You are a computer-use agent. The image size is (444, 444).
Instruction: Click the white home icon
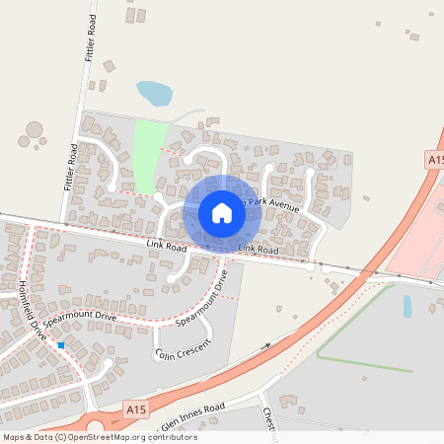coord(222,213)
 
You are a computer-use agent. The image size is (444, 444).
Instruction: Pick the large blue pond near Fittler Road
coord(154,94)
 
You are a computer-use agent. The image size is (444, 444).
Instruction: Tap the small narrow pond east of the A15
coord(407,306)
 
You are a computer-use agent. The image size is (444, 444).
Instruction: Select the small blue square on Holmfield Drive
coord(61,345)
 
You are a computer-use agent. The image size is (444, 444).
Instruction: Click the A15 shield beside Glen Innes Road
coord(136,407)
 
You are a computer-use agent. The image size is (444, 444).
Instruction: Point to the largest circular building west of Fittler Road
coord(35,129)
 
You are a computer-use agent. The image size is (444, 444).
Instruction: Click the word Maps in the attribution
coord(13,437)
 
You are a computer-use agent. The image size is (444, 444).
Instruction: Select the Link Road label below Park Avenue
coord(258,251)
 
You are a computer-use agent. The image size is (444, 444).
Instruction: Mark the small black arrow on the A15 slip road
coord(266,346)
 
